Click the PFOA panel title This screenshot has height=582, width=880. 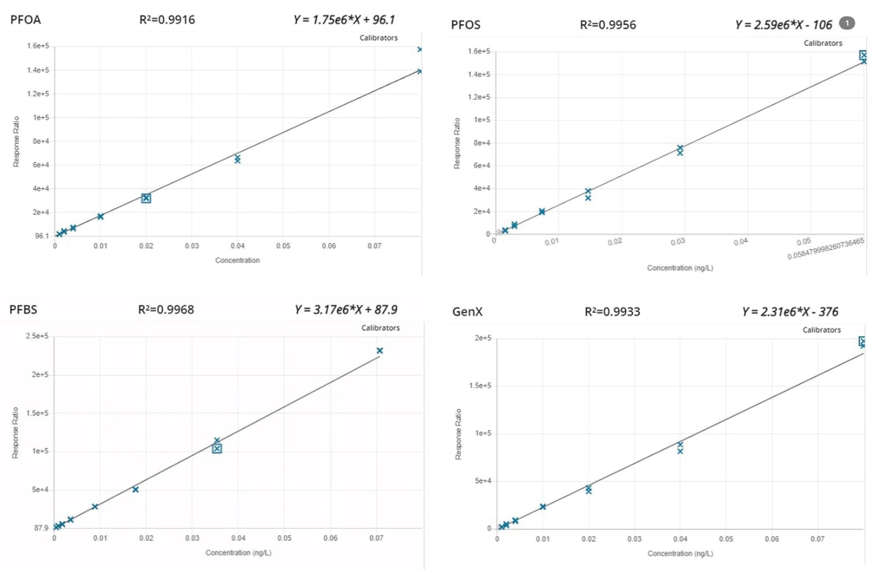pos(26,20)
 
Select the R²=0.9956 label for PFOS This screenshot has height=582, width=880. pos(608,25)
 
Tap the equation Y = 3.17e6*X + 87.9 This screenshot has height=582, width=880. pos(346,310)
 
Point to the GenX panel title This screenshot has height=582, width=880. pos(467,312)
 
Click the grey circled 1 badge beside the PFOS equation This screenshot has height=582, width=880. pos(847,23)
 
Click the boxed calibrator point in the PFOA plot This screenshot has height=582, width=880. pos(146,198)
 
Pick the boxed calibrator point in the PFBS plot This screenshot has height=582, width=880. pos(217,449)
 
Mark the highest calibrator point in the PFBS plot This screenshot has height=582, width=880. pos(380,351)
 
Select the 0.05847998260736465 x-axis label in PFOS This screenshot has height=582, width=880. pos(825,249)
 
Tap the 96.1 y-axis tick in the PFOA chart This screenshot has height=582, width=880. pos(42,236)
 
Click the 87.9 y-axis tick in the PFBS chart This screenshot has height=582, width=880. pos(41,528)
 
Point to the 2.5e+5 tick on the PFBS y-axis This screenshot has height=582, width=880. pos(37,336)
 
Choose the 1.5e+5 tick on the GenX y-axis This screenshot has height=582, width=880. pos(480,386)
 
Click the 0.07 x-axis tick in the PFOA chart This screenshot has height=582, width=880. pos(374,246)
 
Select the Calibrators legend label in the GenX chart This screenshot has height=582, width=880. pos(821,330)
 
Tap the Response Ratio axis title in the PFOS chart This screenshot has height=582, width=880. pos(457,143)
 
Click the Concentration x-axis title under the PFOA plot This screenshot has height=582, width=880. pos(237,260)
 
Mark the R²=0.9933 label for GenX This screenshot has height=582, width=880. pos(612,312)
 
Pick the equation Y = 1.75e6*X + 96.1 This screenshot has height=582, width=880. pos(344,20)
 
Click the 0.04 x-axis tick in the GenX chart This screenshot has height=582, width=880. pos(680,539)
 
